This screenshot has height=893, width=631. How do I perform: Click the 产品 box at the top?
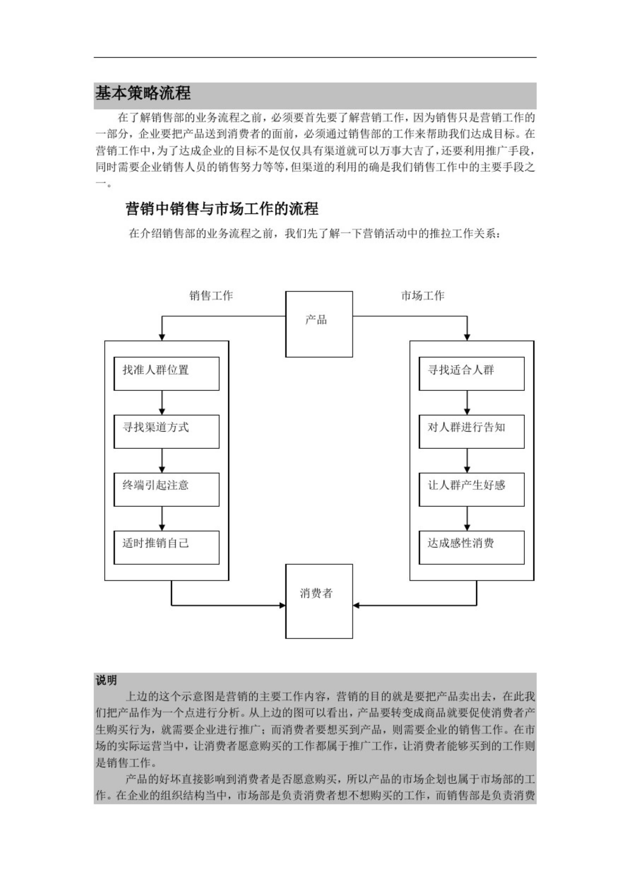(x=319, y=324)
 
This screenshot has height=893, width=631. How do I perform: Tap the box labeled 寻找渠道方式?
(x=166, y=431)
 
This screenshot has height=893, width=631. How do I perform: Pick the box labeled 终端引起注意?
(x=166, y=489)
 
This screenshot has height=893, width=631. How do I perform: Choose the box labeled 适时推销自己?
(x=166, y=547)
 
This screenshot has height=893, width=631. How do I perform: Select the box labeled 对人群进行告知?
(x=471, y=431)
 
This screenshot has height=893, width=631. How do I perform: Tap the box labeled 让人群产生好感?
(x=471, y=489)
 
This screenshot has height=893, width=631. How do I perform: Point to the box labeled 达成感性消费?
(x=471, y=547)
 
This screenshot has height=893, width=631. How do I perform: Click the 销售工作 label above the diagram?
(x=211, y=296)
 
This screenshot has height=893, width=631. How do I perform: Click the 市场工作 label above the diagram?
(x=422, y=296)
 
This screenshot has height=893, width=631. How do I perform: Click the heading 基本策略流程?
(x=143, y=93)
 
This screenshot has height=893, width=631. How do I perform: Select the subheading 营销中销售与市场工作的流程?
(x=222, y=209)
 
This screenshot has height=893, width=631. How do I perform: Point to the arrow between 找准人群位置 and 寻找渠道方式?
(x=162, y=402)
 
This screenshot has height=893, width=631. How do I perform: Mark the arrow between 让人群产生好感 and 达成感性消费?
(x=467, y=518)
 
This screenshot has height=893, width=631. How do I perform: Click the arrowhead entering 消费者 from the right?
(x=356, y=605)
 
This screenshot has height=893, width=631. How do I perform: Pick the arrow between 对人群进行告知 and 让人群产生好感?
(x=467, y=460)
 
